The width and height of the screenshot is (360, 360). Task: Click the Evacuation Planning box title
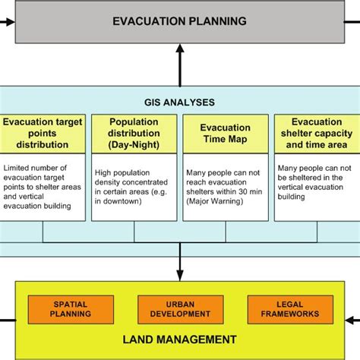pos(179,21)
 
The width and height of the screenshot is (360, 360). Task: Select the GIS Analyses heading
pos(179,101)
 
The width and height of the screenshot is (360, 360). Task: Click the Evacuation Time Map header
pos(226,132)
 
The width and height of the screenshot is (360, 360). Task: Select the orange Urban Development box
pos(180,308)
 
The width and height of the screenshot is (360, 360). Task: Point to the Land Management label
pos(180,339)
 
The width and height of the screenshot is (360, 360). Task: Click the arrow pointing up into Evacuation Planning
pos(179,50)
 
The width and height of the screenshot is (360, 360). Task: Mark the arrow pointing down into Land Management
pos(179,271)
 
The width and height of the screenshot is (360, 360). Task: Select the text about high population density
pos(132,186)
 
